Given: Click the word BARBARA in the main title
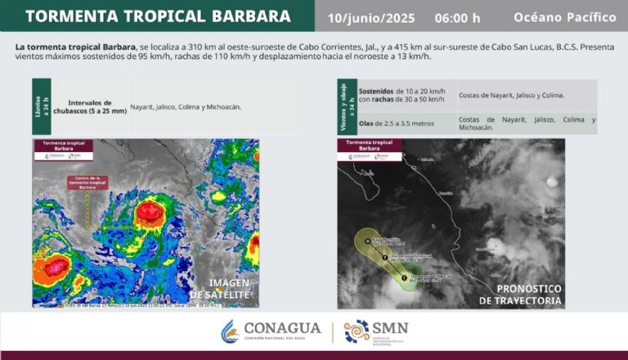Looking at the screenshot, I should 244,16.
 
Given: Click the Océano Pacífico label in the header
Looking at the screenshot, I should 563,17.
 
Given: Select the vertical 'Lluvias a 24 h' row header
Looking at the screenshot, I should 41,106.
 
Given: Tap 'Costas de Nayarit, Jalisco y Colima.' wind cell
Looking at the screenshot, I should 511,95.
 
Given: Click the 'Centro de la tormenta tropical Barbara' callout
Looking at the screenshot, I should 87,182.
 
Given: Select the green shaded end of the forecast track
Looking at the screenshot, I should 406,279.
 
